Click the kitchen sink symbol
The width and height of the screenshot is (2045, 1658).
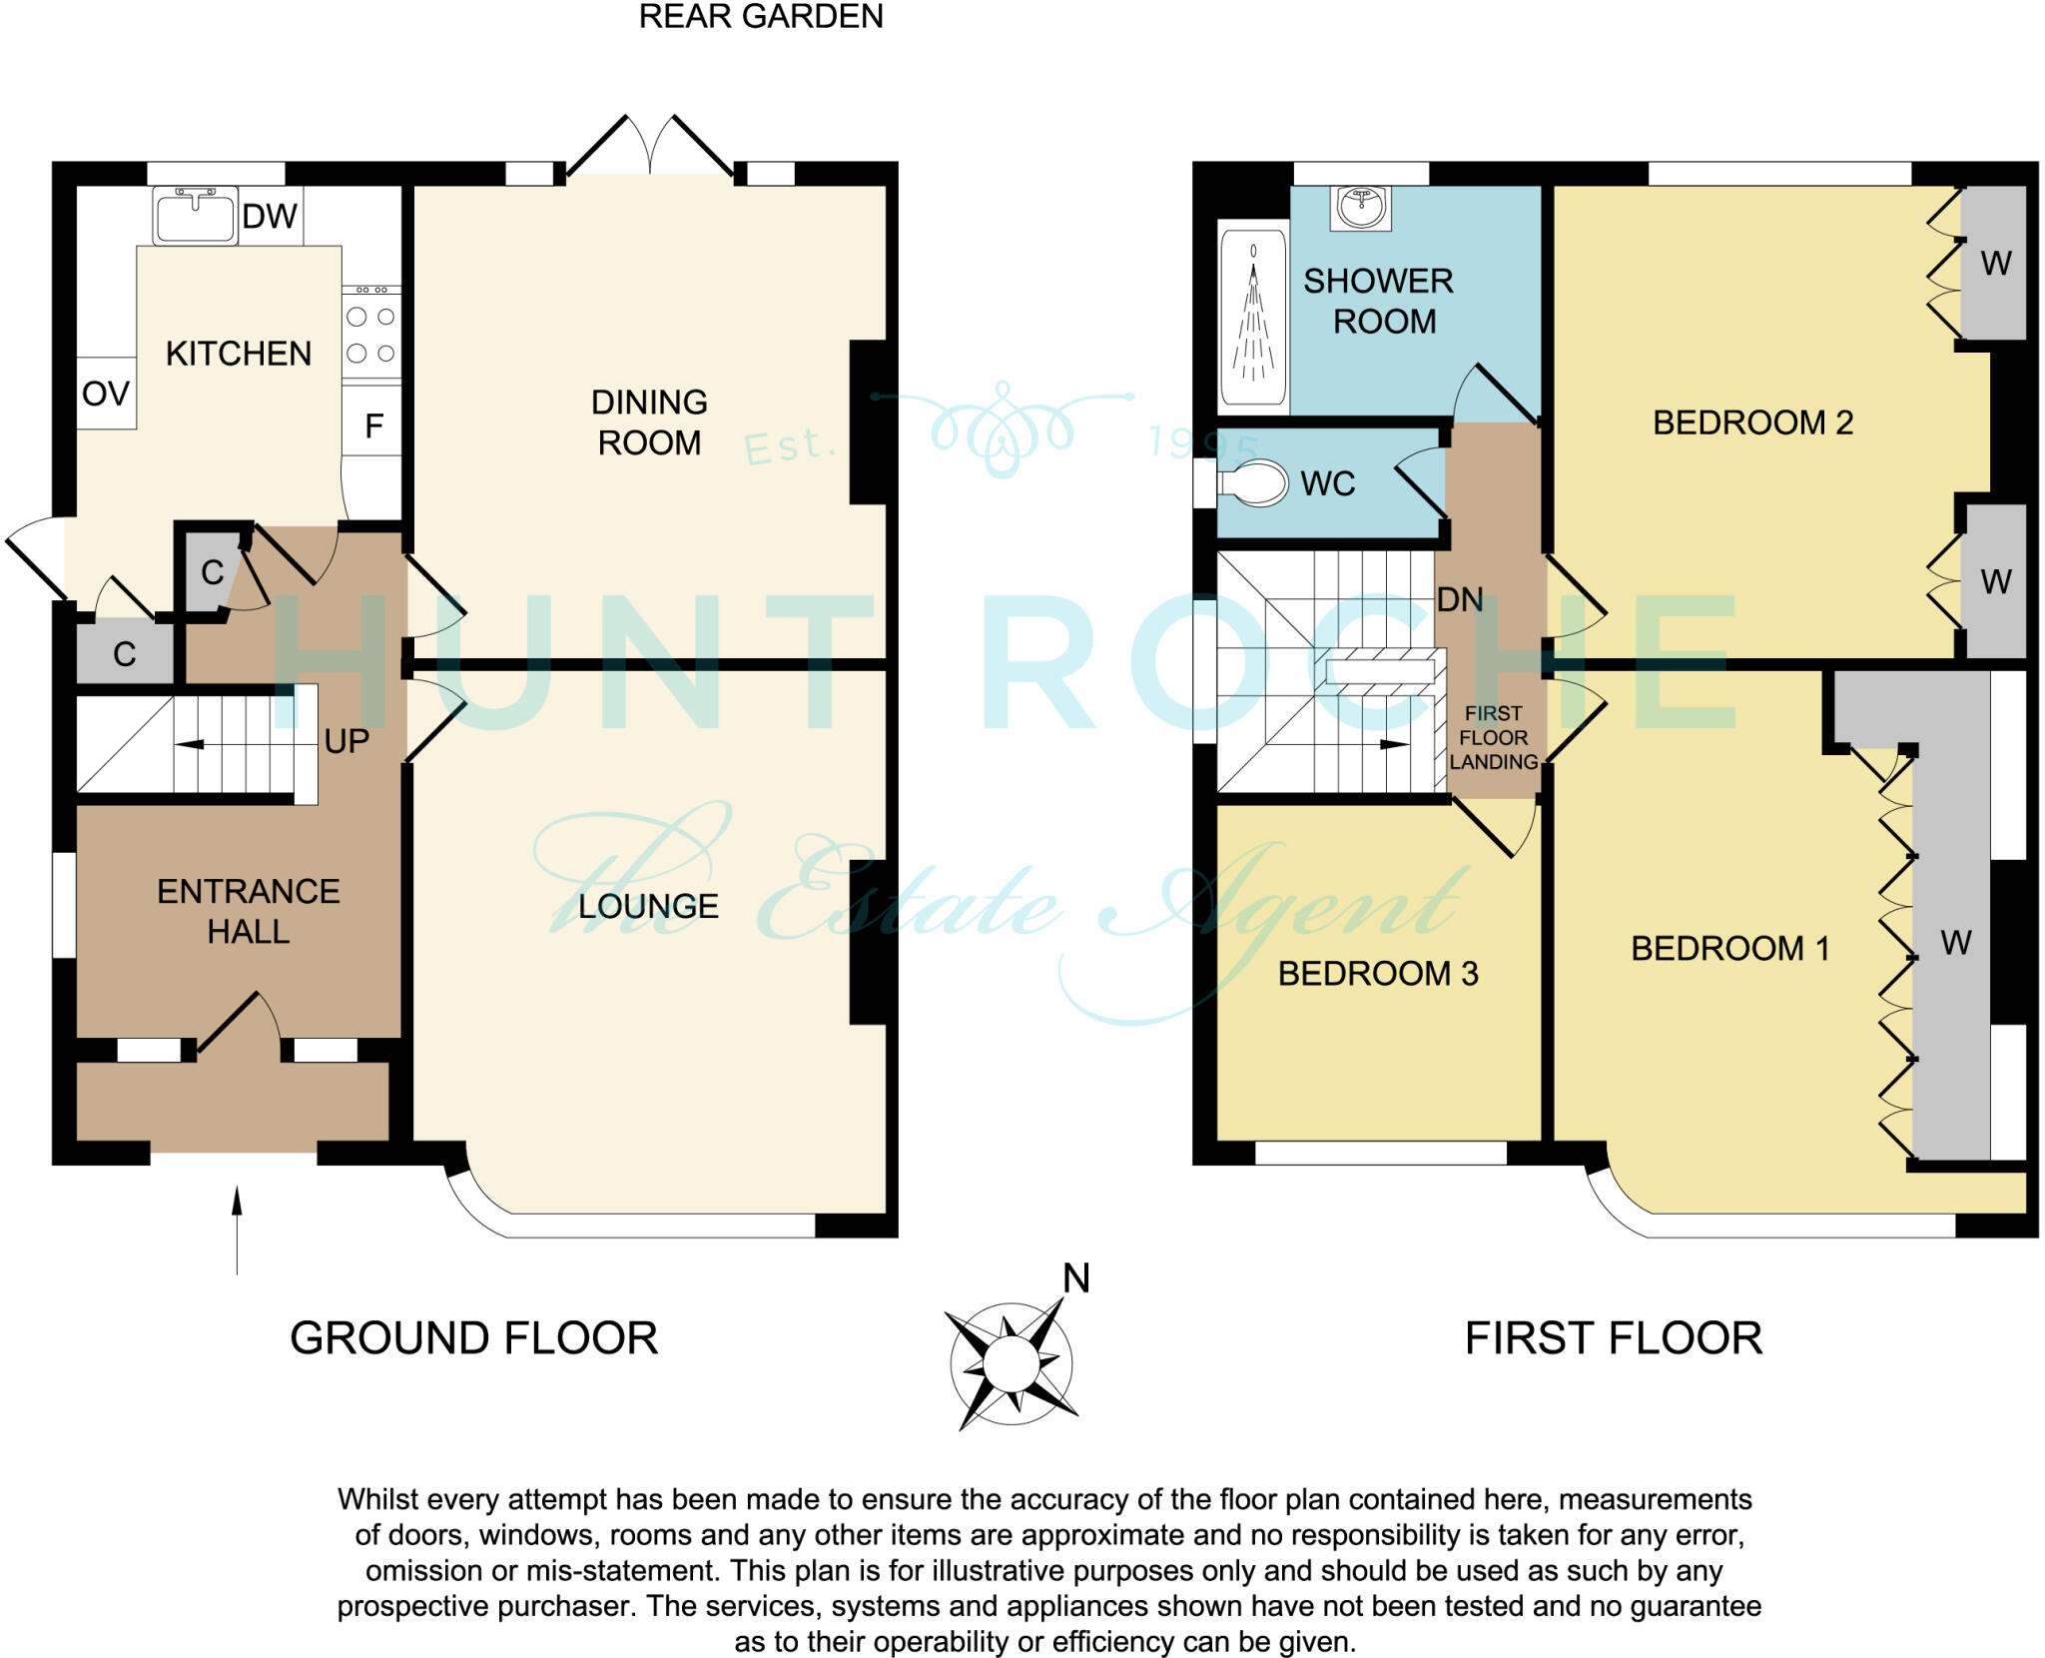[195, 215]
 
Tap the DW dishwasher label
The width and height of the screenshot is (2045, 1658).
[270, 217]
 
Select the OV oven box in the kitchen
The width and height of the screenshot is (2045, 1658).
[106, 394]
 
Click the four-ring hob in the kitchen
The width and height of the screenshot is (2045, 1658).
[370, 335]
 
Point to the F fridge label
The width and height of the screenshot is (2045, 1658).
[373, 426]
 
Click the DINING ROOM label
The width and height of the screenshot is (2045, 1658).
[649, 422]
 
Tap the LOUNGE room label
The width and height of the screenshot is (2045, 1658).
[648, 906]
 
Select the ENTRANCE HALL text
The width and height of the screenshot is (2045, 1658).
[248, 911]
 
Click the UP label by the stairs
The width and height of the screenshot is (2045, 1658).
[346, 741]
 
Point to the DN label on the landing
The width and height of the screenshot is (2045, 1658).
[1459, 599]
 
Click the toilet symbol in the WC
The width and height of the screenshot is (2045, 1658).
[1252, 483]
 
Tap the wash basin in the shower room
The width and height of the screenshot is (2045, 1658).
[1360, 209]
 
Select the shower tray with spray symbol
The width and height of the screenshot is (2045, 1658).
[1252, 318]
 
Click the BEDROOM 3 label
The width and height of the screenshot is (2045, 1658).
[1378, 973]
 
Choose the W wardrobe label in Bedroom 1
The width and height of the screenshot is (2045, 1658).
[1955, 942]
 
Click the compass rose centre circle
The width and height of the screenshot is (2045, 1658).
[1011, 1362]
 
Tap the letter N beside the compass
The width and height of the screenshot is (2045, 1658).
[1075, 1278]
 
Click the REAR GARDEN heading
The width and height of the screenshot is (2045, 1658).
[761, 17]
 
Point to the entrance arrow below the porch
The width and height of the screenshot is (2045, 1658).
[237, 1230]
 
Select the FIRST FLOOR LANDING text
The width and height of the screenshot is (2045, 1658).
[1493, 737]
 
